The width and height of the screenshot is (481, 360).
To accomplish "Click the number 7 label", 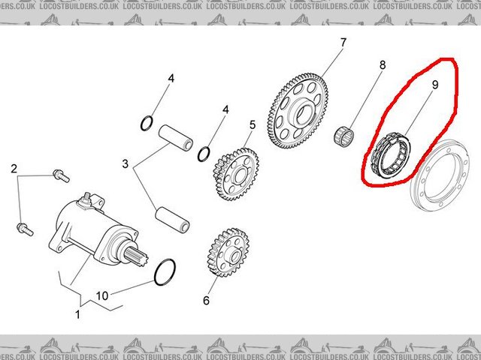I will [x=343, y=42].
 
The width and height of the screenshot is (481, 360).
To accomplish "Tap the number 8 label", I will [x=382, y=65].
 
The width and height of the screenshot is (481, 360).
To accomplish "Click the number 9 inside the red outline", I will [x=434, y=85].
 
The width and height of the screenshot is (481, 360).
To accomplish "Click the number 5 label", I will [x=253, y=124].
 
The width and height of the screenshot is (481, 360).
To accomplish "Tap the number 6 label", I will [x=206, y=301].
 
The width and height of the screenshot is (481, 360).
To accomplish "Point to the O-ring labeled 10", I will [x=166, y=272].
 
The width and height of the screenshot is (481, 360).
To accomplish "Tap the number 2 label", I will [x=14, y=169].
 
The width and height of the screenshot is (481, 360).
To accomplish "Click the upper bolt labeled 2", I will [x=60, y=176].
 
